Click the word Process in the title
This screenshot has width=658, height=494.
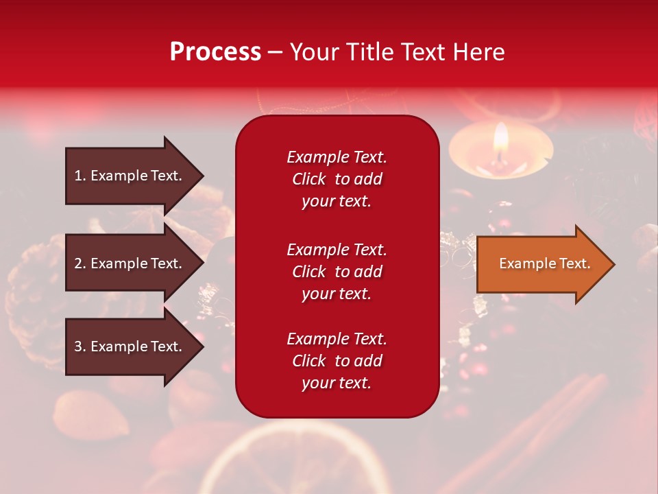pyautogui.click(x=215, y=52)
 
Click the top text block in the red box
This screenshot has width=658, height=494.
pyautogui.click(x=337, y=179)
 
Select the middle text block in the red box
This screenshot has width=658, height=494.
pyautogui.click(x=337, y=272)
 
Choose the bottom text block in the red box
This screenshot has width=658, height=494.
pyautogui.click(x=337, y=361)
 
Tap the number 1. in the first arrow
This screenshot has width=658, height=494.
pyautogui.click(x=80, y=176)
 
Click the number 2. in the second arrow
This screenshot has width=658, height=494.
pyautogui.click(x=80, y=263)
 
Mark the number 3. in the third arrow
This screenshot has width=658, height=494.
pyautogui.click(x=80, y=346)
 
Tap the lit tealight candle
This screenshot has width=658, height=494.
pyautogui.click(x=500, y=154)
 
